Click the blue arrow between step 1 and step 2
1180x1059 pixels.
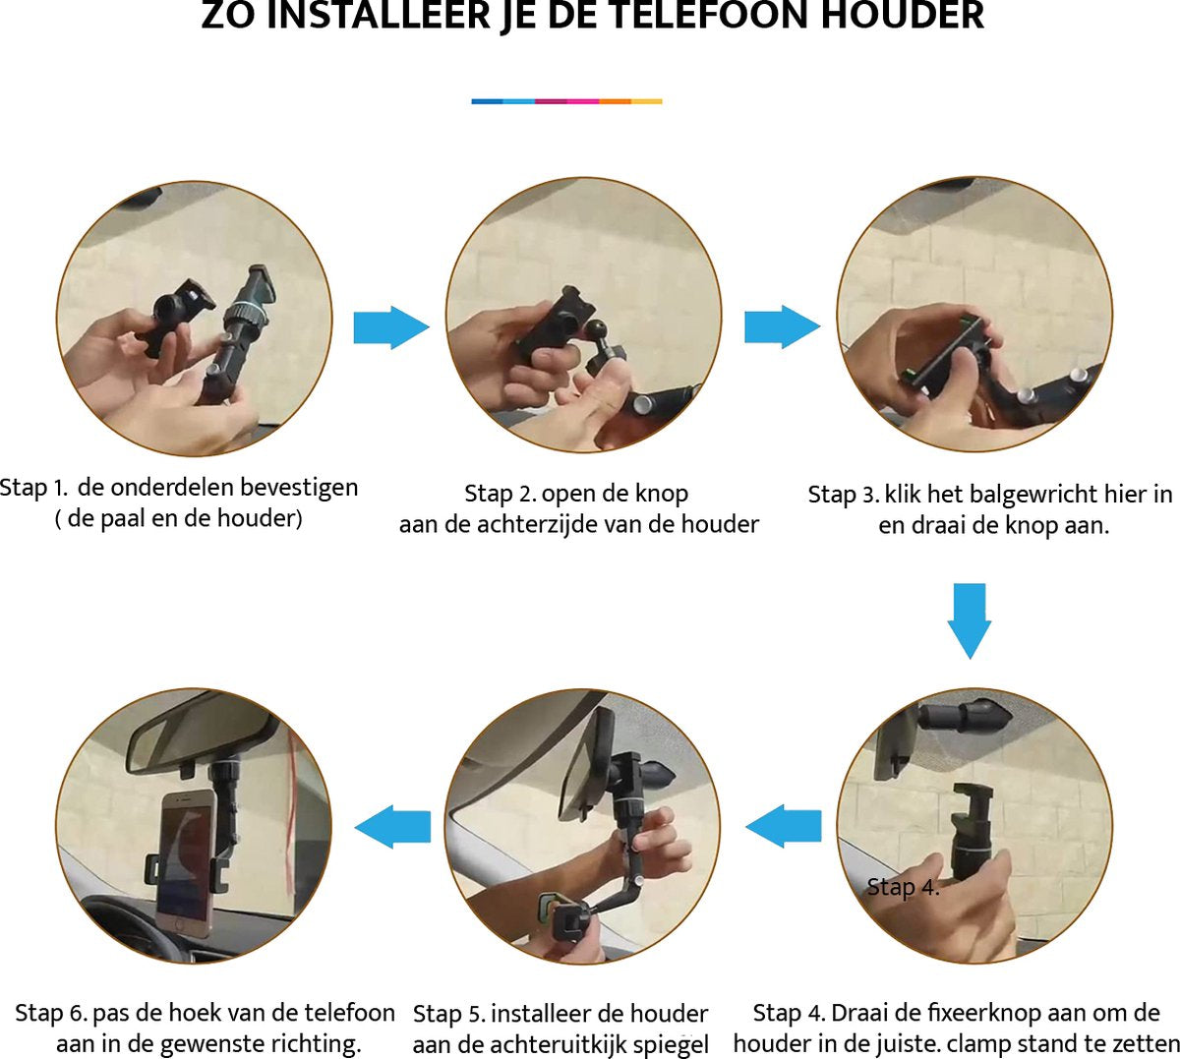pos(390,326)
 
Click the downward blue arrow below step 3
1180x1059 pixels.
pos(970,620)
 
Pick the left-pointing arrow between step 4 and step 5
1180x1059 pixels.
pos(784,826)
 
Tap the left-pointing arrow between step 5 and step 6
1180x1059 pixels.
pos(392,826)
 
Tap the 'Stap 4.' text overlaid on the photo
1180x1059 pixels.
pos(903,888)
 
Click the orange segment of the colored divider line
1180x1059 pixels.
pos(615,101)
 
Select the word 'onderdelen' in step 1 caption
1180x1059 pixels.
pos(172,488)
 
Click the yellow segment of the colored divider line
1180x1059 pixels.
pos(646,101)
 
